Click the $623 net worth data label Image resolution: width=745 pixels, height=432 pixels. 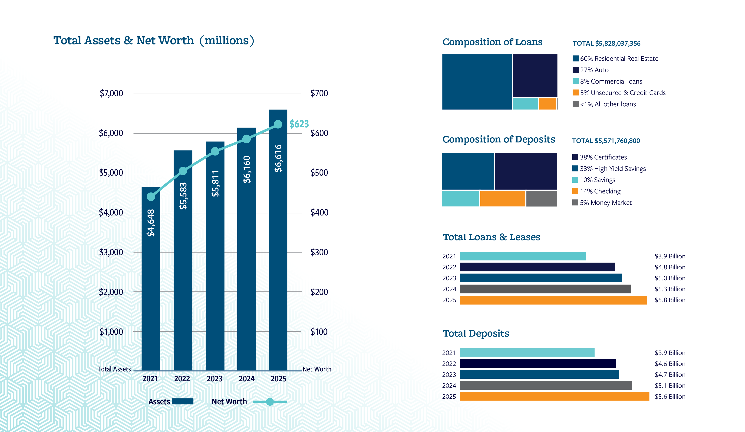(299, 124)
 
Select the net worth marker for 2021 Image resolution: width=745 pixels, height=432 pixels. (151, 197)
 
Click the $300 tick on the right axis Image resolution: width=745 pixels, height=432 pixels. (319, 252)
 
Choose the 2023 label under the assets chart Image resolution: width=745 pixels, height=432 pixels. (214, 379)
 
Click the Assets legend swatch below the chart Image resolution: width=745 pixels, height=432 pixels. (182, 401)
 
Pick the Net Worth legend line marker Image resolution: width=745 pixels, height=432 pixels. (270, 402)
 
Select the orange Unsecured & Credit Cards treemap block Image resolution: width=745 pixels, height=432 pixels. (547, 104)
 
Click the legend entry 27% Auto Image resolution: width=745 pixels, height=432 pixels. (594, 70)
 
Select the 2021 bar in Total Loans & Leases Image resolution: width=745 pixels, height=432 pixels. (522, 256)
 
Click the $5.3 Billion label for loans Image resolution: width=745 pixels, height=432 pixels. (670, 289)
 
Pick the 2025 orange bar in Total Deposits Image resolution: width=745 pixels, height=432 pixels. (554, 396)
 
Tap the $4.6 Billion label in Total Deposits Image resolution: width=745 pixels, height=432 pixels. (670, 364)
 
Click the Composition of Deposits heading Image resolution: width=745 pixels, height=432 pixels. (498, 139)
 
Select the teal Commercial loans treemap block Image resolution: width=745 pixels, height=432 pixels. (525, 104)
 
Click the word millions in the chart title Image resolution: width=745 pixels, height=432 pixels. (227, 40)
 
